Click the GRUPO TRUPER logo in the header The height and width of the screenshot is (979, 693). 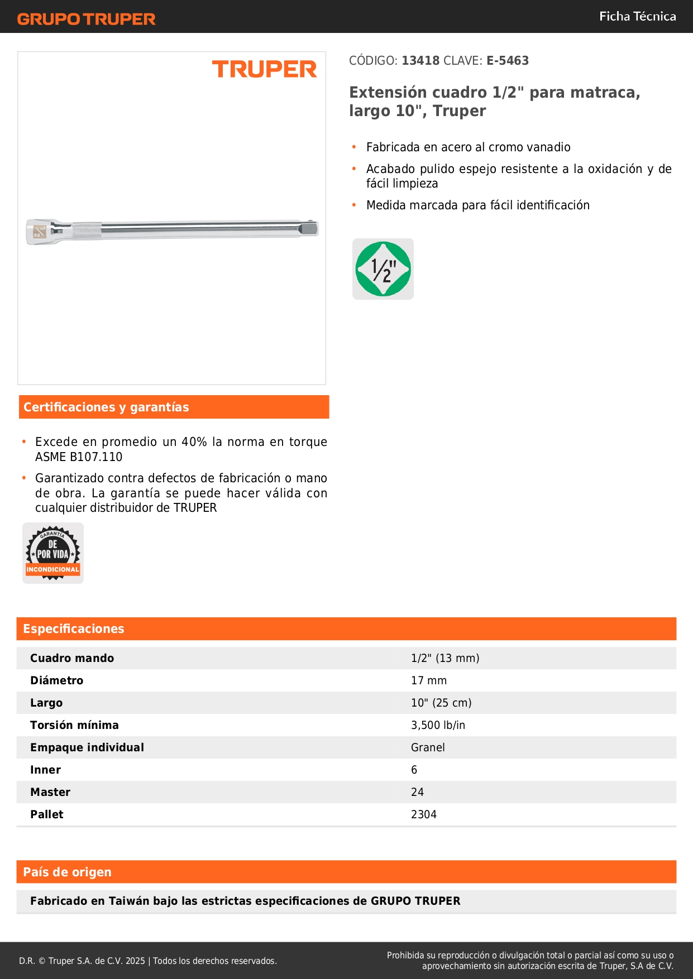[x=86, y=19]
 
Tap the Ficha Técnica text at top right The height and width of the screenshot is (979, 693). [x=637, y=17]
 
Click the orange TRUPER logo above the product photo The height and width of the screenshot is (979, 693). [x=264, y=69]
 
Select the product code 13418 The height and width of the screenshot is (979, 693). [x=420, y=61]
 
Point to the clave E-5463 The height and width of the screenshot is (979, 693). [x=507, y=61]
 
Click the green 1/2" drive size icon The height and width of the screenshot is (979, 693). [x=383, y=269]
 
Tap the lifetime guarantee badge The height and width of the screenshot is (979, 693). [x=53, y=553]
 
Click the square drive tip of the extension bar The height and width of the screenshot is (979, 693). [x=309, y=228]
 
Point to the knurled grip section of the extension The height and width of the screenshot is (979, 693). [x=87, y=230]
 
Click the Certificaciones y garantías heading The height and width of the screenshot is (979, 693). [x=106, y=407]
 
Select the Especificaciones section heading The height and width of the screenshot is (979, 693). [x=74, y=629]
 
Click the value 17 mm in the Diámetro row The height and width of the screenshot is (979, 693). [x=428, y=680]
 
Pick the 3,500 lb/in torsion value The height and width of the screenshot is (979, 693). [x=438, y=725]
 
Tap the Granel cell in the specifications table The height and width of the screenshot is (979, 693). [x=428, y=747]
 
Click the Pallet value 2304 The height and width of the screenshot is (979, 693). [x=423, y=814]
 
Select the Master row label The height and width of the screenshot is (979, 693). [x=50, y=792]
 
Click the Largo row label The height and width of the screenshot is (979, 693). [x=46, y=703]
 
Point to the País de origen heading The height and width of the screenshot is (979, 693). [x=67, y=872]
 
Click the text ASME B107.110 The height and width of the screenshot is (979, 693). [x=79, y=457]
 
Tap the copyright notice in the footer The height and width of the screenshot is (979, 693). [x=147, y=961]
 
